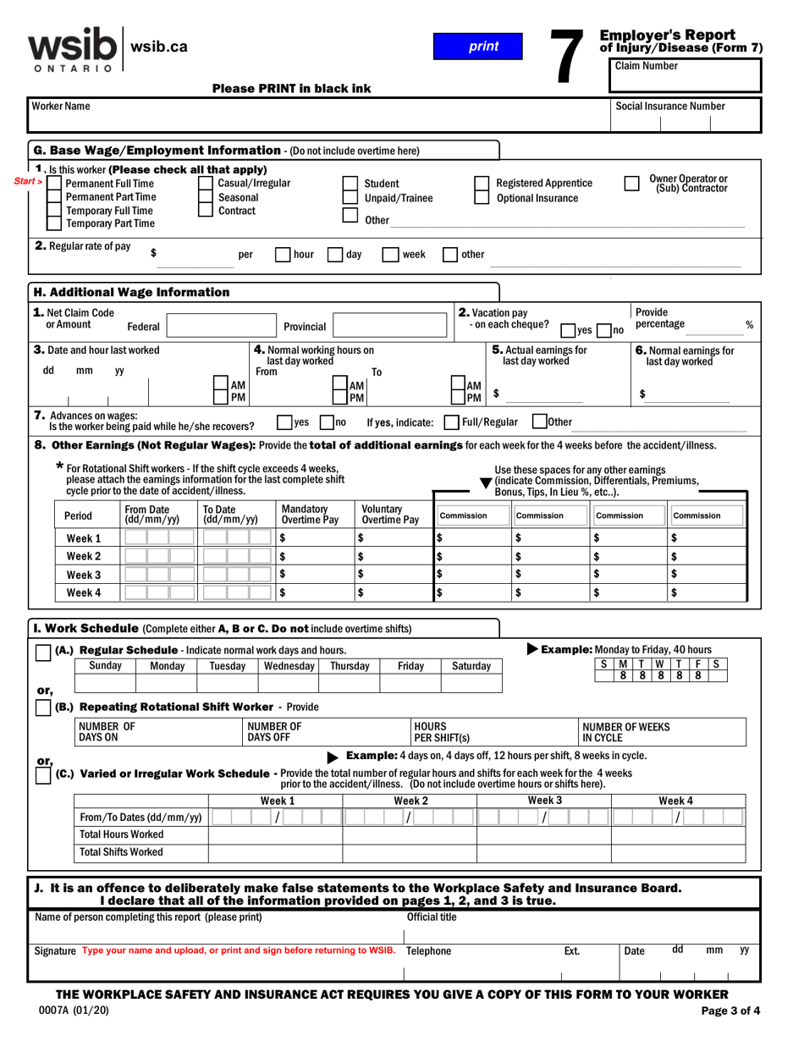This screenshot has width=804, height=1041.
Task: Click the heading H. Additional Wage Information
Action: pos(131,292)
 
